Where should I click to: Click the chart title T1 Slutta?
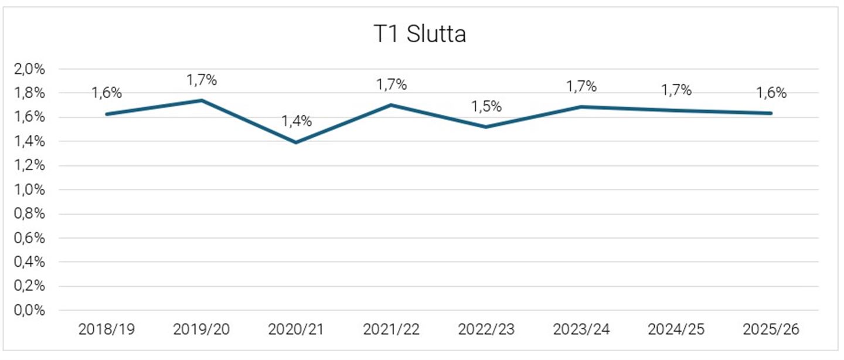[x=420, y=35]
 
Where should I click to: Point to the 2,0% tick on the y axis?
[x=29, y=69]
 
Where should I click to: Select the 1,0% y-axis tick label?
[x=29, y=190]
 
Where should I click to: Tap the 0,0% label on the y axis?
[x=29, y=311]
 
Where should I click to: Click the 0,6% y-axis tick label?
[x=29, y=238]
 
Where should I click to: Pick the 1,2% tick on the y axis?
[x=29, y=166]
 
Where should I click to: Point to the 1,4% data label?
[x=297, y=122]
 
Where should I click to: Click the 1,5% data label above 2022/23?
[x=486, y=107]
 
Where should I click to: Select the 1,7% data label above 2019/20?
[x=202, y=80]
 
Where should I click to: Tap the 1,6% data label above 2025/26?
[x=771, y=93]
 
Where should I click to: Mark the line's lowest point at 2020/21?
[x=297, y=142]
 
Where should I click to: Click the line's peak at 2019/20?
[x=202, y=100]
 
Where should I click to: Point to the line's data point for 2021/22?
[x=392, y=105]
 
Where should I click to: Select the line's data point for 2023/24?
[x=581, y=107]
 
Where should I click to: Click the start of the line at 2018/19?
[x=107, y=114]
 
